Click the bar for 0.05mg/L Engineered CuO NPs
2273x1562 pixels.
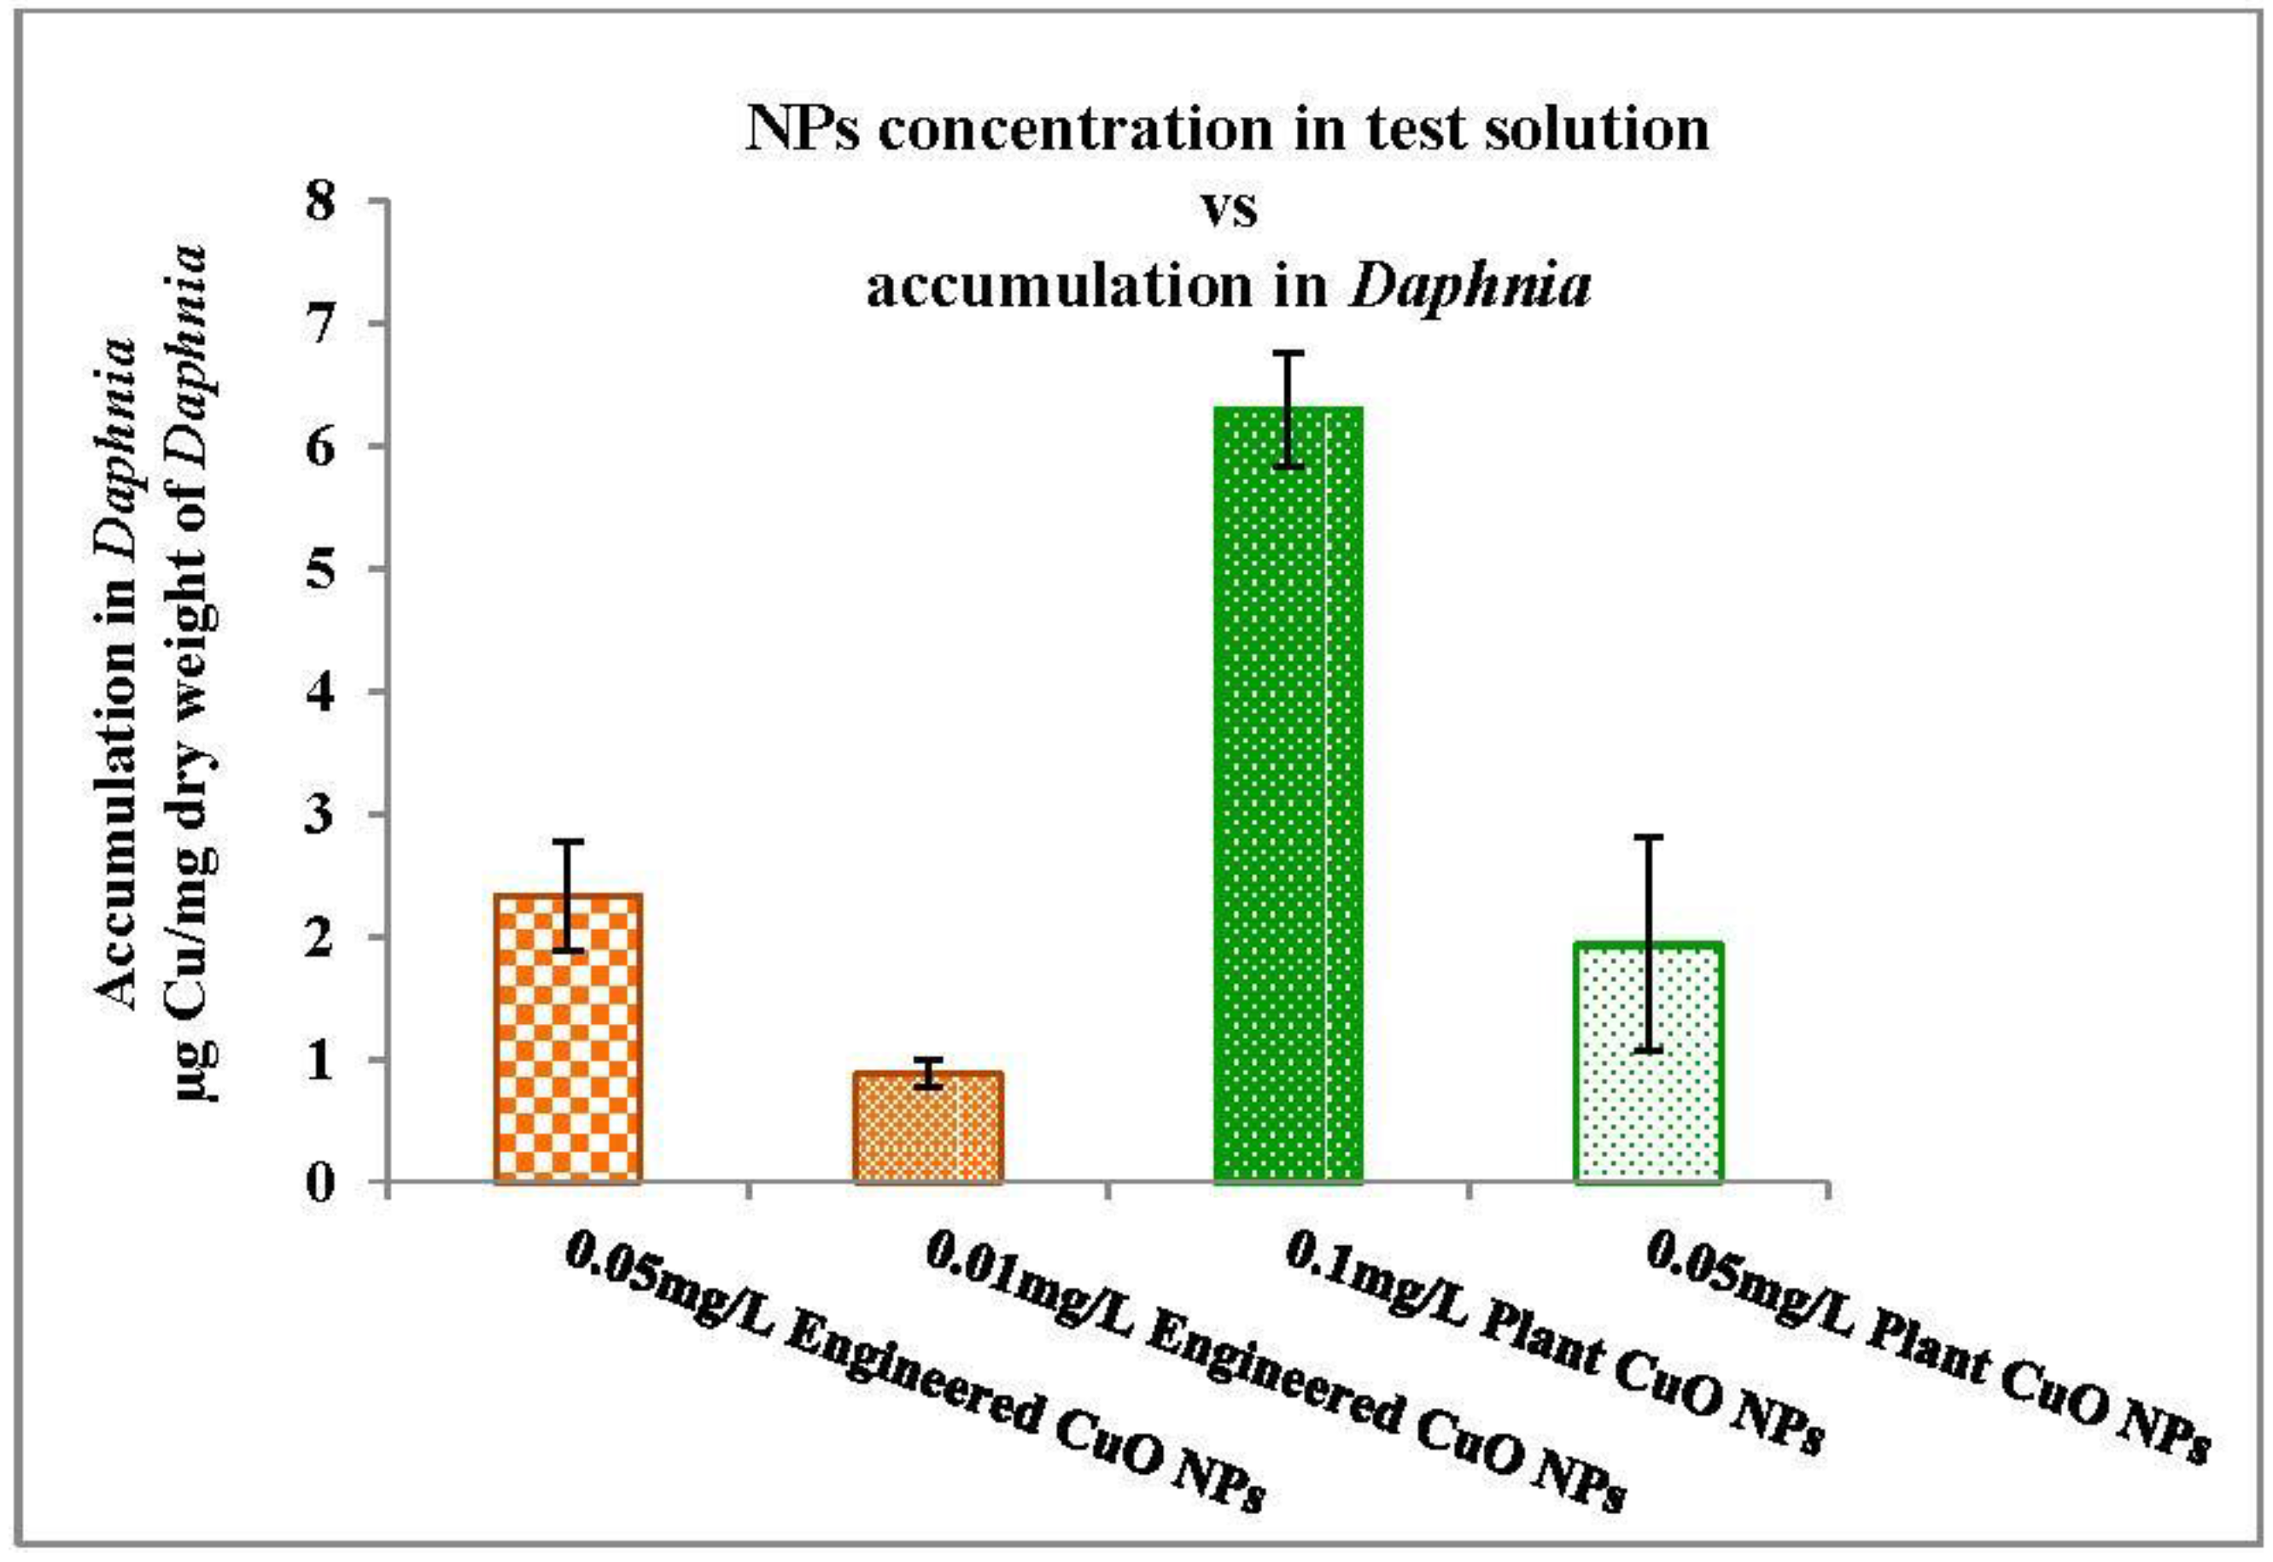(569, 1038)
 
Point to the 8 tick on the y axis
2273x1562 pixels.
(334, 202)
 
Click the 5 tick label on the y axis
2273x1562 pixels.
(334, 570)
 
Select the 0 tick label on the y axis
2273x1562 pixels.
(334, 1184)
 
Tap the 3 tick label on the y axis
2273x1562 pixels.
(334, 816)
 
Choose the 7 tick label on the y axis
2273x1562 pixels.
(334, 324)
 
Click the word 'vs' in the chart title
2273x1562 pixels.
(1229, 208)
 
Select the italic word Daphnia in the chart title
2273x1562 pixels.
(1469, 287)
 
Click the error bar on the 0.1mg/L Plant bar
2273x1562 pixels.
(1290, 408)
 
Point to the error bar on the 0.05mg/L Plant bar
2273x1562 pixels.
(1650, 944)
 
